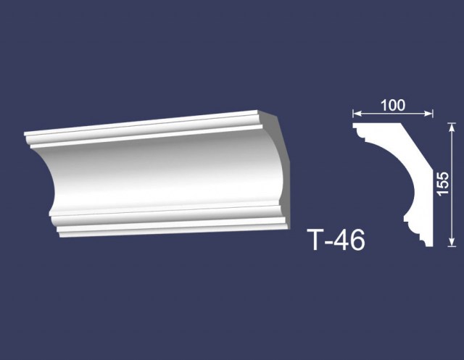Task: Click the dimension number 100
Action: [x=393, y=106]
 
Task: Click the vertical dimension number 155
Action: [x=443, y=183]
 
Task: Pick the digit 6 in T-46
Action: [x=358, y=240]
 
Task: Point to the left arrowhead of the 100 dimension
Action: [x=357, y=113]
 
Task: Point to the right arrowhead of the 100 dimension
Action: [x=428, y=113]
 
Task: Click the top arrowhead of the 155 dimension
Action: [x=451, y=127]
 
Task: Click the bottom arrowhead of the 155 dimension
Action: [x=451, y=242]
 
